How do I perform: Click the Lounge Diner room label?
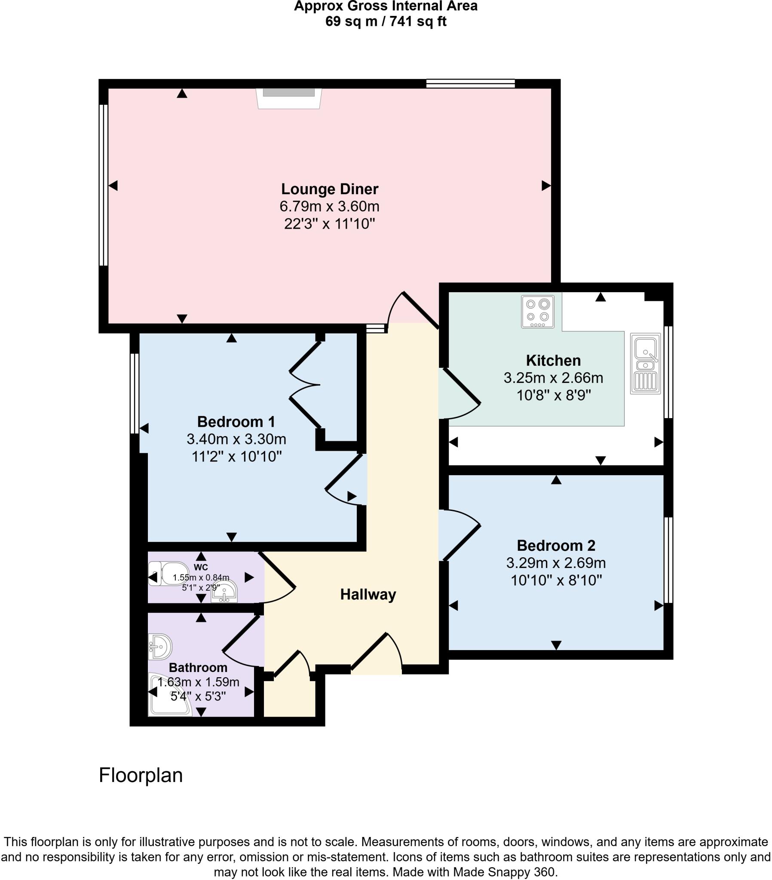(330, 189)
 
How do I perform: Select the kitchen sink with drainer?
(645, 364)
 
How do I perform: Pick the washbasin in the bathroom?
(160, 646)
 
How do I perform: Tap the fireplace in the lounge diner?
(288, 98)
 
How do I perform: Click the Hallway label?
(368, 595)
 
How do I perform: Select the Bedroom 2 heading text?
(556, 545)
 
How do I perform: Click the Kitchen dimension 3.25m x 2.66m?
(553, 378)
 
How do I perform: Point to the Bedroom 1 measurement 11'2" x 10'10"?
(236, 456)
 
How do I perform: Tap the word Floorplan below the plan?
(141, 776)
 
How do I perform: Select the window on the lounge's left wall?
(104, 185)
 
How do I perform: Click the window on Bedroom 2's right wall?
(668, 560)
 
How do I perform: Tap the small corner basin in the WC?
(225, 592)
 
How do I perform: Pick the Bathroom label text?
(198, 668)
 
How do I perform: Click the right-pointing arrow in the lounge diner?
(546, 186)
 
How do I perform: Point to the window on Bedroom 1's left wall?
(135, 393)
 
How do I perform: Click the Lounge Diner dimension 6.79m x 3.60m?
(330, 207)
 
